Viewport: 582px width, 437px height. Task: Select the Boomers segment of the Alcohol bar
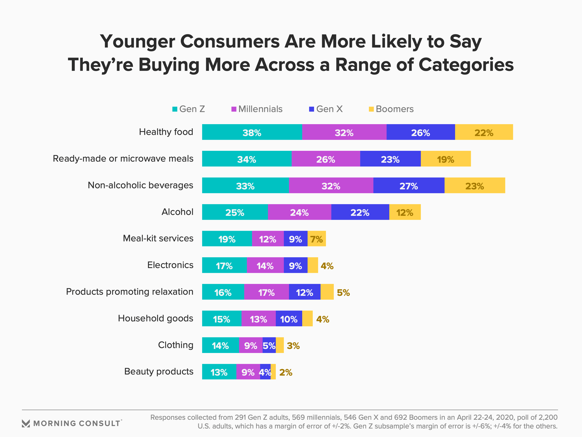(405, 212)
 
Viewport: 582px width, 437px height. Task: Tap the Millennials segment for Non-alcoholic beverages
(331, 185)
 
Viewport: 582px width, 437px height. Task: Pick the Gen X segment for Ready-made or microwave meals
(390, 159)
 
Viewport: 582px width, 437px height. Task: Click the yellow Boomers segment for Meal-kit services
(317, 239)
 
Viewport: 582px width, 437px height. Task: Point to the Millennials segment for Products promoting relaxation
(266, 292)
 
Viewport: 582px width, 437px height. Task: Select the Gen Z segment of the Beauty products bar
(219, 372)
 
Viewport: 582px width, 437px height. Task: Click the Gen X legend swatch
(312, 109)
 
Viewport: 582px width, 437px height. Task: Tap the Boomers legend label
(395, 109)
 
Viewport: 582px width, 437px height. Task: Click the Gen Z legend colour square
(175, 109)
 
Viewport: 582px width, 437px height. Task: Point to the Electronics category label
(170, 265)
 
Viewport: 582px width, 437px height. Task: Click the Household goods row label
(156, 318)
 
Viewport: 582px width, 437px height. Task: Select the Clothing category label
(176, 345)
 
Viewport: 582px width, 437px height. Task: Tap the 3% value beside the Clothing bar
(293, 346)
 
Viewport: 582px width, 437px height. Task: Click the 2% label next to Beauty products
(286, 373)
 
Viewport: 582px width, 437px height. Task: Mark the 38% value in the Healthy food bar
(252, 133)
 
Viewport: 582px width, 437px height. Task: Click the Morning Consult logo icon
(26, 423)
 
